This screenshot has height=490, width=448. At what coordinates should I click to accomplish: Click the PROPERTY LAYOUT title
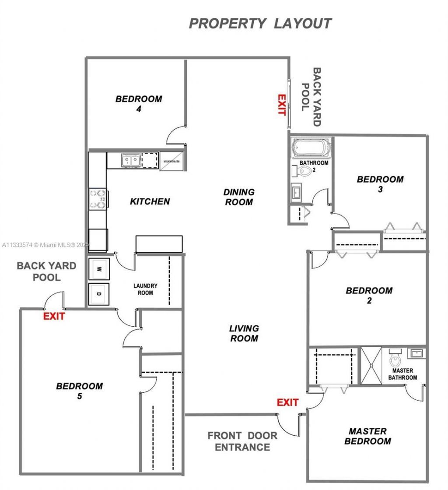[x=260, y=23]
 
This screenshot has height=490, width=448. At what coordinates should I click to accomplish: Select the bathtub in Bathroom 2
[x=311, y=148]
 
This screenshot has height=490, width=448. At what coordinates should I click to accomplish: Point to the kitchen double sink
[x=130, y=161]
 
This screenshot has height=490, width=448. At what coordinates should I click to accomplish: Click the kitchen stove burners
[x=98, y=198]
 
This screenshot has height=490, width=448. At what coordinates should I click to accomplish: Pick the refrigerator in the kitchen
[x=172, y=161]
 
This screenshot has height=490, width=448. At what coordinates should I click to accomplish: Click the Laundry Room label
[x=145, y=289]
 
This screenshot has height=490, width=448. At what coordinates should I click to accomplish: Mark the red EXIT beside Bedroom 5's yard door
[x=54, y=316]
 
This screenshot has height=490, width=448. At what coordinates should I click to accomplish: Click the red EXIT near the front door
[x=287, y=402]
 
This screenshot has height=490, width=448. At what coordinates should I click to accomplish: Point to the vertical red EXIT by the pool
[x=281, y=105]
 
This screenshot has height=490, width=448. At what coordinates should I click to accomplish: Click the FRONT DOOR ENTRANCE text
[x=242, y=441]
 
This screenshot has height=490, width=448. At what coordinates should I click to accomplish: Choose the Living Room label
[x=244, y=333]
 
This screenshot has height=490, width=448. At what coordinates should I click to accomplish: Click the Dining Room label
[x=238, y=197]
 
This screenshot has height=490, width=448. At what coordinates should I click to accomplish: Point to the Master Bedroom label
[x=367, y=436]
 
